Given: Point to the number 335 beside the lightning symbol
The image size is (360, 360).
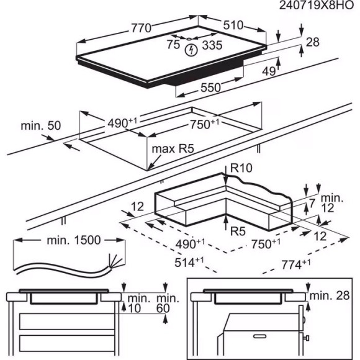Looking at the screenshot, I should [x=212, y=45].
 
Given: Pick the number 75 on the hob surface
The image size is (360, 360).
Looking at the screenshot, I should [x=173, y=44].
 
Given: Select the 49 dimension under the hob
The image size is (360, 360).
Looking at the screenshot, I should [x=268, y=72].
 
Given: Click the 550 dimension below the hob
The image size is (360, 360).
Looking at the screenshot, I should [x=210, y=88].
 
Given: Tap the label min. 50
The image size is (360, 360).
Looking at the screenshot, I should [x=40, y=125].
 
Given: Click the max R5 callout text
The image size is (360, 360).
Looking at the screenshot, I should [x=173, y=150].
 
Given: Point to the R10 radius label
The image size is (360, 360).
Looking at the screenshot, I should [x=240, y=168].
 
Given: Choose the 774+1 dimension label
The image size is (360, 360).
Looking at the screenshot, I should [x=295, y=264].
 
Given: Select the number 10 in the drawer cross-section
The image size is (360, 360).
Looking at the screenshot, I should [x=136, y=308].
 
